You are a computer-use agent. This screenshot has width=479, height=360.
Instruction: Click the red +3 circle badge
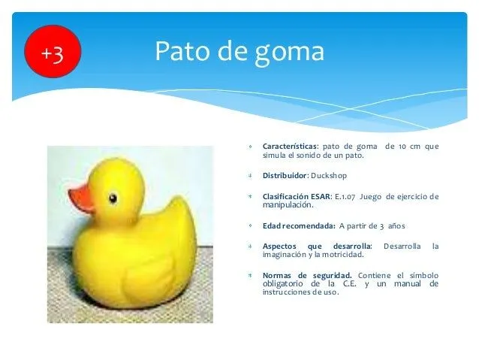[x=52, y=53]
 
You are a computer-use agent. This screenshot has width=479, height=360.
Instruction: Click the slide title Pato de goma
[x=239, y=52]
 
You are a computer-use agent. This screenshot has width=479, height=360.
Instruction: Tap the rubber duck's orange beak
[x=81, y=198]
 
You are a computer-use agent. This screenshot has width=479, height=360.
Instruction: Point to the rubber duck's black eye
[x=113, y=198]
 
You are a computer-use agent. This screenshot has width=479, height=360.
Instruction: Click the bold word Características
[x=290, y=147]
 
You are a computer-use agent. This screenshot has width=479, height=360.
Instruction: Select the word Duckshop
[x=330, y=175]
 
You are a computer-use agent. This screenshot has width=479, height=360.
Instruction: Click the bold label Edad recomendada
[x=298, y=225]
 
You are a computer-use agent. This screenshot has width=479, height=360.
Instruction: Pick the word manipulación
[x=288, y=204]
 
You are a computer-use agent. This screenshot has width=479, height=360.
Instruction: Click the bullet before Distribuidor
[x=249, y=175]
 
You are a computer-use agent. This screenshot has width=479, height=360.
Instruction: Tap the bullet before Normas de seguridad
[x=249, y=275]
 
